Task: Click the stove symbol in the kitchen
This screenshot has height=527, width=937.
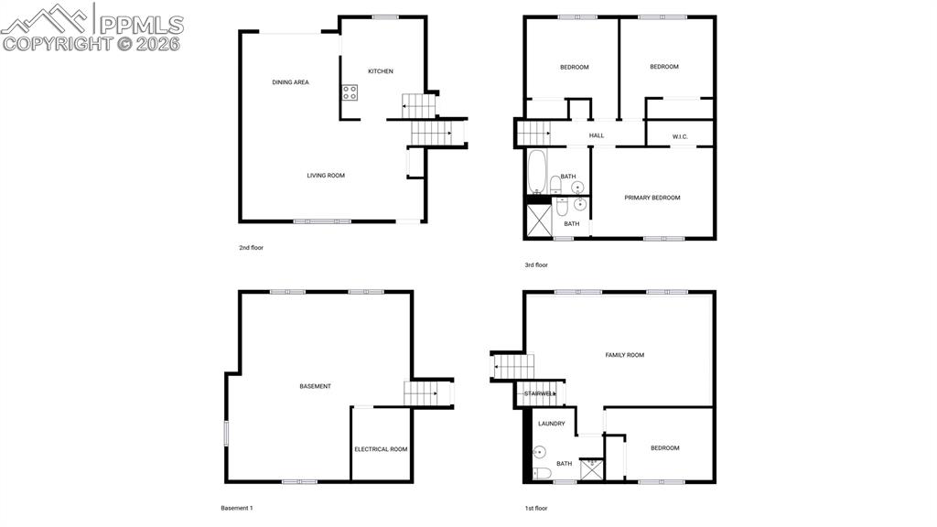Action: (x=350, y=92)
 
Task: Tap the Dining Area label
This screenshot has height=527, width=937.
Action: (x=290, y=82)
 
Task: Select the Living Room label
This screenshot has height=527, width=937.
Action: (x=326, y=175)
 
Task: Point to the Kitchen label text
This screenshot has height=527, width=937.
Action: (x=381, y=71)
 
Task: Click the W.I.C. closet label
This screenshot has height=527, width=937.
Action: (x=680, y=137)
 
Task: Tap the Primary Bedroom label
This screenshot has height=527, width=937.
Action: (x=652, y=198)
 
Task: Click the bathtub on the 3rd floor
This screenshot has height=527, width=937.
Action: (x=536, y=172)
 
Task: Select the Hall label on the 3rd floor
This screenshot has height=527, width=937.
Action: (x=597, y=135)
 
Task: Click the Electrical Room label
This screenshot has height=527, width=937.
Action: (x=381, y=449)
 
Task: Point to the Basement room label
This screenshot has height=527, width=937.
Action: (x=316, y=386)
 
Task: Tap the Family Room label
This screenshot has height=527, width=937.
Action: (x=625, y=355)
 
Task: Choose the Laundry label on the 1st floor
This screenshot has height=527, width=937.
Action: (x=551, y=424)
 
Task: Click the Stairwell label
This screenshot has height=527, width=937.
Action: (x=539, y=393)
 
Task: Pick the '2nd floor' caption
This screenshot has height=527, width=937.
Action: (x=251, y=247)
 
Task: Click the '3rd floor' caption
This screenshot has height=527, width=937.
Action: (x=535, y=265)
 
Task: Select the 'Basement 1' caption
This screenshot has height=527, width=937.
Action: (x=237, y=508)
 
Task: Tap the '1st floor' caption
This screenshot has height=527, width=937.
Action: (x=535, y=508)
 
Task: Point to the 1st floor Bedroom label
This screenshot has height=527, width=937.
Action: (x=665, y=447)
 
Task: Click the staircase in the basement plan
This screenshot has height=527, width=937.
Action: (x=422, y=394)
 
